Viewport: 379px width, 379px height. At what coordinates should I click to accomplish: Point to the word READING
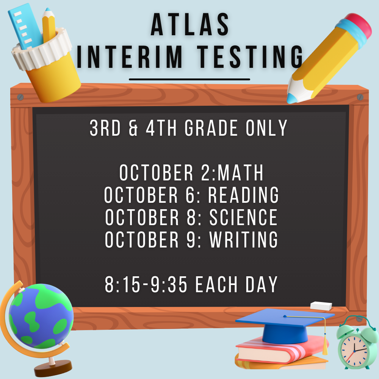pyautogui.click(x=243, y=195)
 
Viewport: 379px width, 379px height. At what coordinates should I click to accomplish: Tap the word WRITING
pyautogui.click(x=243, y=239)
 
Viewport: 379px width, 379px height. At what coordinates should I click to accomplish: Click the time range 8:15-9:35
pyautogui.click(x=146, y=285)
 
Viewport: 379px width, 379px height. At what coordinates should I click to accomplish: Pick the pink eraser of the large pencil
pyautogui.click(x=356, y=25)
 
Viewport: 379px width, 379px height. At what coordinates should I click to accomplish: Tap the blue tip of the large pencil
pyautogui.click(x=292, y=98)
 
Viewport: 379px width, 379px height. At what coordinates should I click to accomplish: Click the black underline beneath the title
pyautogui.click(x=189, y=80)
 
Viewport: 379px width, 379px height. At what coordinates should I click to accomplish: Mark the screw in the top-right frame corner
pyautogui.click(x=360, y=97)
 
